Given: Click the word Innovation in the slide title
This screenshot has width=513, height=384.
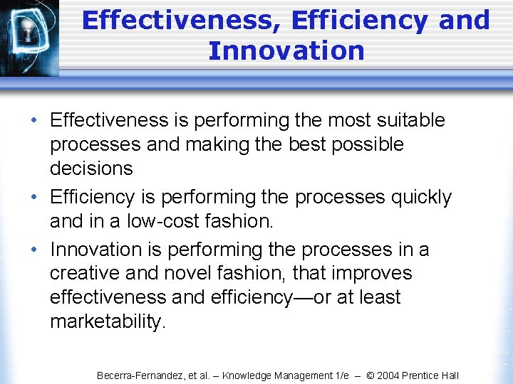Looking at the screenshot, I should [x=286, y=50].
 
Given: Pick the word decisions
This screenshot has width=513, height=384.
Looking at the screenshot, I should [x=91, y=169].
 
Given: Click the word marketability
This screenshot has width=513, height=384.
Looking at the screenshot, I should [x=107, y=321].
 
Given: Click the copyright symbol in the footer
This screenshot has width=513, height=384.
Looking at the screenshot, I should [x=370, y=375].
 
